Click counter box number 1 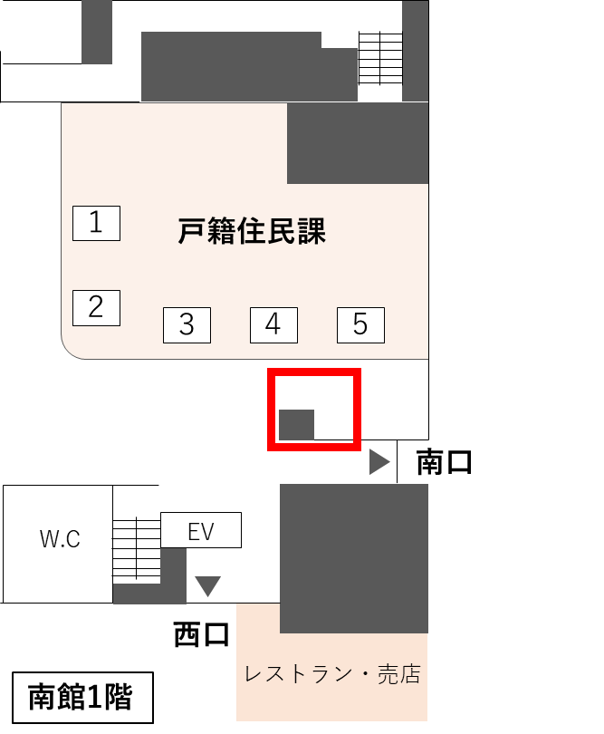[96, 223]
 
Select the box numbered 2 [96, 307]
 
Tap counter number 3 [187, 324]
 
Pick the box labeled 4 [273, 324]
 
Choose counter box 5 [360, 324]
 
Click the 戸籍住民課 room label [252, 232]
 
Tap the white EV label [200, 531]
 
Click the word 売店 [400, 675]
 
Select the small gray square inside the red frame [296, 424]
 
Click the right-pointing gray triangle [379, 462]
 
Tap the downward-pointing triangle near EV [208, 586]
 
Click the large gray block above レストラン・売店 [354, 557]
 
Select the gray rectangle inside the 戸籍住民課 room [358, 143]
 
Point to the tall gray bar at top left [97, 32]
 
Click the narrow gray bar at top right [415, 50]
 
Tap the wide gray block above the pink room [249, 68]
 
